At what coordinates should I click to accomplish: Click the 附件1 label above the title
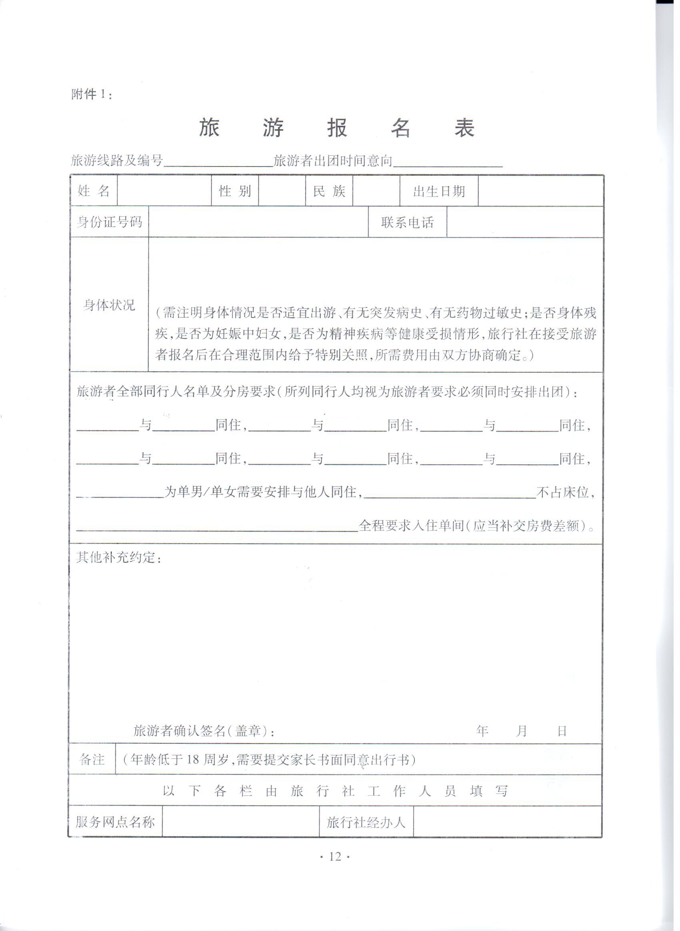[x=91, y=94]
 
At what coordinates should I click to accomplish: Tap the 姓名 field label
[x=94, y=191]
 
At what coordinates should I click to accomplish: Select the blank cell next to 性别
[x=282, y=191]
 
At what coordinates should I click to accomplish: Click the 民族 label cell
[x=329, y=191]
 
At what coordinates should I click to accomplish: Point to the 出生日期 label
[x=439, y=191]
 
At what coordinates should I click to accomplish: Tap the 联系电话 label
[x=407, y=223]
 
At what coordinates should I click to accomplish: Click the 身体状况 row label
[x=109, y=305]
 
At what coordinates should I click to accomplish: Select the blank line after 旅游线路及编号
[x=218, y=161]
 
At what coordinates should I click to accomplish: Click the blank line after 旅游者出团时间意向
[x=448, y=161]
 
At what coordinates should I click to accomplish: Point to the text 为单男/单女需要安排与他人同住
[x=263, y=492]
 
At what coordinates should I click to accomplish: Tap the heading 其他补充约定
[x=118, y=558]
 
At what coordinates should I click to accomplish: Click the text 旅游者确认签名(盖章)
[x=204, y=730]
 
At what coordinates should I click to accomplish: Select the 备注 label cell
[x=92, y=759]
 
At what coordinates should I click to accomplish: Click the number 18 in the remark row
[x=193, y=759]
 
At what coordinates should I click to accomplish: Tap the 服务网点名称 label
[x=115, y=822]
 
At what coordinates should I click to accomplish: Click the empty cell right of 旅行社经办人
[x=508, y=822]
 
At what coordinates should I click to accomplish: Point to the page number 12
[x=335, y=857]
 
